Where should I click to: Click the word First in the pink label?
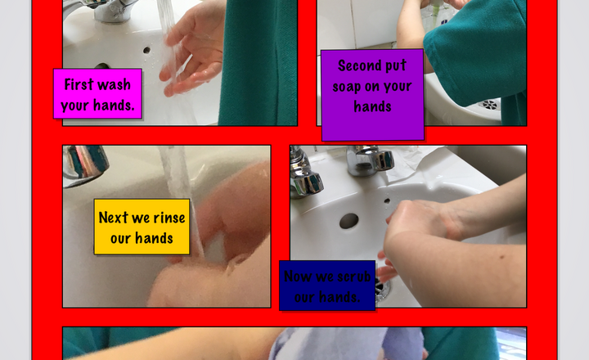point(78,84)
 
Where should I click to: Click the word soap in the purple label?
point(346,87)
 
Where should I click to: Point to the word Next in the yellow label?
point(114,217)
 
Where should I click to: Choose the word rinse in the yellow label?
point(169,218)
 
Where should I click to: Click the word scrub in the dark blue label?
point(354,277)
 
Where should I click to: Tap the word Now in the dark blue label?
point(298,277)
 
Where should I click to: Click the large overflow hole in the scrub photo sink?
point(348,221)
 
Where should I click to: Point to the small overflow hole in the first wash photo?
point(146,50)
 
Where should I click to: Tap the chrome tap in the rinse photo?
point(85,164)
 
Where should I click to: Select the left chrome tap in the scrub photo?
point(304,172)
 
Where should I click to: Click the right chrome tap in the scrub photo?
point(370,160)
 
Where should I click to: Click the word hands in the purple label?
point(372,106)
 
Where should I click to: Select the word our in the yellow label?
point(120,239)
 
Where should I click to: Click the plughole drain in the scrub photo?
point(383,290)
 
